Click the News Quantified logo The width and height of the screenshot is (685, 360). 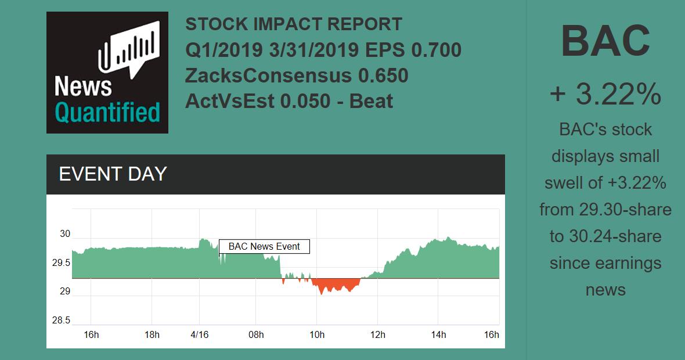pos(107,73)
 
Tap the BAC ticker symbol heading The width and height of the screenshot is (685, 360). pos(605,41)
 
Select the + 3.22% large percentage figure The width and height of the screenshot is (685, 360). pos(605,94)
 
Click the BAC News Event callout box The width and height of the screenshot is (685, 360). pos(264,246)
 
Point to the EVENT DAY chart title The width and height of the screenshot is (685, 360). pos(113,174)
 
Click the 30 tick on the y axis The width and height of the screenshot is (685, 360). pos(64,234)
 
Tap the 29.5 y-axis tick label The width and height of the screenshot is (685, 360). pos(62,263)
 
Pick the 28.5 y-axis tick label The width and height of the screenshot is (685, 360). pos(62,320)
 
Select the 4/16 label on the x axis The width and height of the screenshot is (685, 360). pos(200,334)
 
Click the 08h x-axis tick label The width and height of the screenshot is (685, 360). pos(256,334)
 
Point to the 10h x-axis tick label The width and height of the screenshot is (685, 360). pos(317,334)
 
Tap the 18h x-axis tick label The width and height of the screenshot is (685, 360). pos(152,334)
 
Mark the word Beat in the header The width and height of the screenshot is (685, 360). pos(371,101)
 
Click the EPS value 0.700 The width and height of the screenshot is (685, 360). pos(436,50)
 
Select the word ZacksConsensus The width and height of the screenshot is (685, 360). pos(268,75)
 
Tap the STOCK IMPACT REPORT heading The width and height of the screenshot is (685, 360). pos(294,24)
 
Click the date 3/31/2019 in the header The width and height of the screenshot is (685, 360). pos(313,50)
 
